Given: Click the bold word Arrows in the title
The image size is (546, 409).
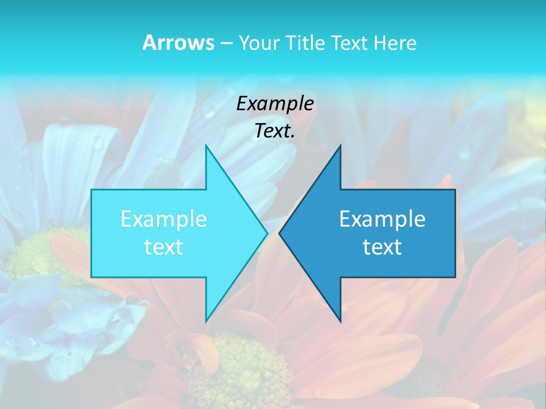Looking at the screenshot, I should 178,43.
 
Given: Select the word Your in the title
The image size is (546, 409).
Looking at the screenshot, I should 255,43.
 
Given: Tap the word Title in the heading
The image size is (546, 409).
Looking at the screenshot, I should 304,43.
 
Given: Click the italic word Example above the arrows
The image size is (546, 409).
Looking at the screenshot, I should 275,103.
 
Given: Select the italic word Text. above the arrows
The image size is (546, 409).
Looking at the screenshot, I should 275,131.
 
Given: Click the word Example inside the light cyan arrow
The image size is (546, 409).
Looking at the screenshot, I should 164,219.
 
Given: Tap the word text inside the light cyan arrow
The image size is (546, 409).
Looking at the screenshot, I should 164,247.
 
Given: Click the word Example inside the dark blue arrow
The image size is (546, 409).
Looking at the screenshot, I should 382,219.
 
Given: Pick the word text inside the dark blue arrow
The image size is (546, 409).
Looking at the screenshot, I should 382,247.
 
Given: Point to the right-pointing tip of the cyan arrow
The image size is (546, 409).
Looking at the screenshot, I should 267,233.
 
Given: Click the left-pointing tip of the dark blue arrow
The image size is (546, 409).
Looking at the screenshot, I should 280,233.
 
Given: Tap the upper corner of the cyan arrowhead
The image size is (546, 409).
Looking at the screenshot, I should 206,146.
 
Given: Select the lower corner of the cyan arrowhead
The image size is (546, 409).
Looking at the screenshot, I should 206,321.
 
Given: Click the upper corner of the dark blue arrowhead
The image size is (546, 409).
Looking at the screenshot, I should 340,146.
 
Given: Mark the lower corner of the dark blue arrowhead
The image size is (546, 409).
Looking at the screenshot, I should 340,321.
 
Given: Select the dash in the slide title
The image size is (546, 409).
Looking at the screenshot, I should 226,43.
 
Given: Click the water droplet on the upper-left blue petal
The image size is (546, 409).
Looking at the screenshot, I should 98,141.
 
